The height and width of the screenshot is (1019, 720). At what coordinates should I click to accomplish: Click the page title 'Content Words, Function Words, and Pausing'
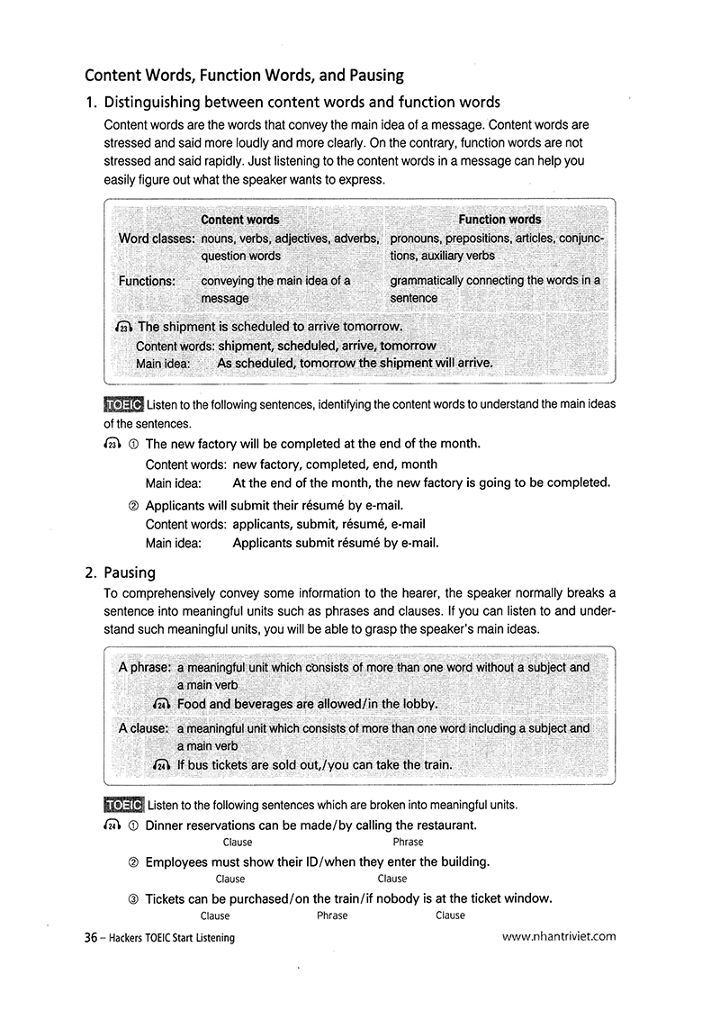244,75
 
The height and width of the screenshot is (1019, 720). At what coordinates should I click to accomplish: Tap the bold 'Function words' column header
499,220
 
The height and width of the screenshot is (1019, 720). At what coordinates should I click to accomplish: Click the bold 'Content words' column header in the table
240,220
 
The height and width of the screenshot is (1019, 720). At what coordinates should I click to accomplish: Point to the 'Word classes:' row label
157,239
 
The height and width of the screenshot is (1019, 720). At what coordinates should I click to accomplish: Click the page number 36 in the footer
90,938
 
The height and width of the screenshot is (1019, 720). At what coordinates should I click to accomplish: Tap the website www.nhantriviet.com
559,936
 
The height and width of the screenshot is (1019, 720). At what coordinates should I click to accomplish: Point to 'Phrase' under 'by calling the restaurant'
408,843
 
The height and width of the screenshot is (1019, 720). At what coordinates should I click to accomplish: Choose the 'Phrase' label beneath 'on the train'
332,915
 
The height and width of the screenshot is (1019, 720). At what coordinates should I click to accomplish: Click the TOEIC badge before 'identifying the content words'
123,404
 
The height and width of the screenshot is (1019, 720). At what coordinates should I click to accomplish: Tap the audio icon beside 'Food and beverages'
163,704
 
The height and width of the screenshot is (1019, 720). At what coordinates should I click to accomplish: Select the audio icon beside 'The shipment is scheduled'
124,327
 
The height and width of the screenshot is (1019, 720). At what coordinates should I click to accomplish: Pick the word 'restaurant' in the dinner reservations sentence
445,825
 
